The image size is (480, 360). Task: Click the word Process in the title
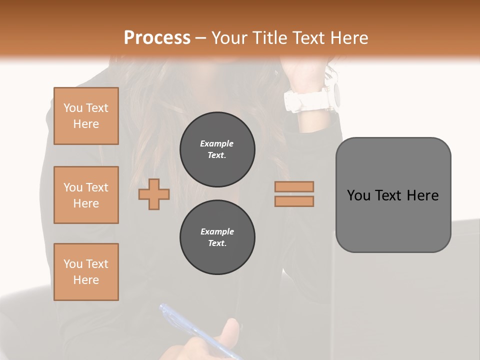click(x=157, y=37)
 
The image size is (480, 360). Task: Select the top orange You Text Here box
click(x=86, y=116)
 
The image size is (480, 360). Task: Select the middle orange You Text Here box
click(x=86, y=195)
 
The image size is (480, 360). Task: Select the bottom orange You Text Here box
click(x=86, y=272)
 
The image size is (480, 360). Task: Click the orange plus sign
click(x=154, y=194)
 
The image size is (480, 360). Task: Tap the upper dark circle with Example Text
click(x=217, y=149)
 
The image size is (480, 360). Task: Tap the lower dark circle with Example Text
click(x=217, y=237)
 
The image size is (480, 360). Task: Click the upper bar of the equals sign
click(x=294, y=186)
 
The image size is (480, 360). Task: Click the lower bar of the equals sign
click(x=294, y=201)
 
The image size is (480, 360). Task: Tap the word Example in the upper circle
click(x=217, y=143)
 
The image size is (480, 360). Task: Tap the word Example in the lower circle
click(x=217, y=231)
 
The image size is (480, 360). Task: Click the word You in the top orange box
click(x=72, y=108)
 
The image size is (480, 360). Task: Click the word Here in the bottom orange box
click(x=86, y=280)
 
